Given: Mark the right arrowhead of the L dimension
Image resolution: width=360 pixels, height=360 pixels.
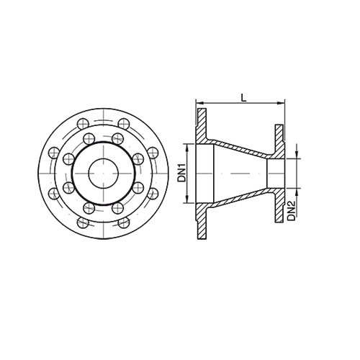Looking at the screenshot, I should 283,106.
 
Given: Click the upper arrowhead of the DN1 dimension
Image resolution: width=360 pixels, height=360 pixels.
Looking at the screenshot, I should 188,146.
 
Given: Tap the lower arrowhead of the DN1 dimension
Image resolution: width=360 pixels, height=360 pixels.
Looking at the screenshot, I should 188,201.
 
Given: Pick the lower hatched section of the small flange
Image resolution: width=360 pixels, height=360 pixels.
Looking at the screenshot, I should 276,202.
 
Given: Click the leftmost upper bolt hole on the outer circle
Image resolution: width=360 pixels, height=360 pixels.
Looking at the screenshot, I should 53,152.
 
